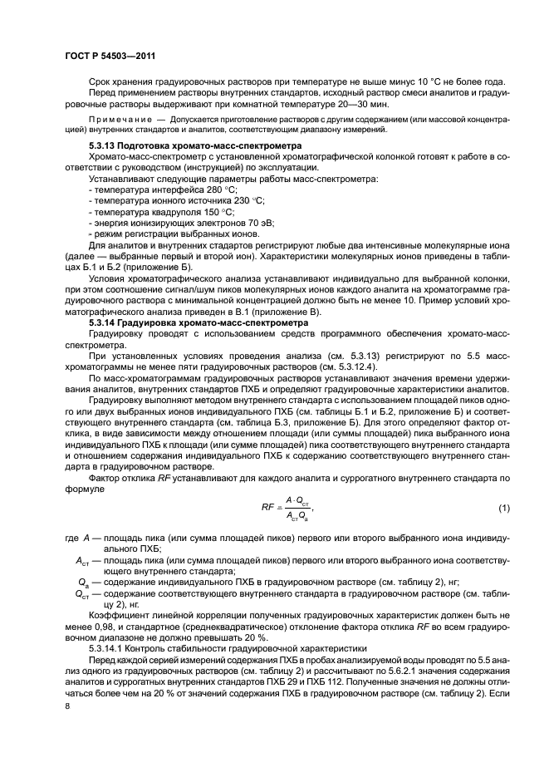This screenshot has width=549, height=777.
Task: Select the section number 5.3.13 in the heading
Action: [x=105, y=145]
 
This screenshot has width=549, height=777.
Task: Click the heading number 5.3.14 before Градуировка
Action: [x=105, y=321]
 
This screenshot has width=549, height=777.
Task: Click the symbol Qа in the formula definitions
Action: [x=81, y=583]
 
